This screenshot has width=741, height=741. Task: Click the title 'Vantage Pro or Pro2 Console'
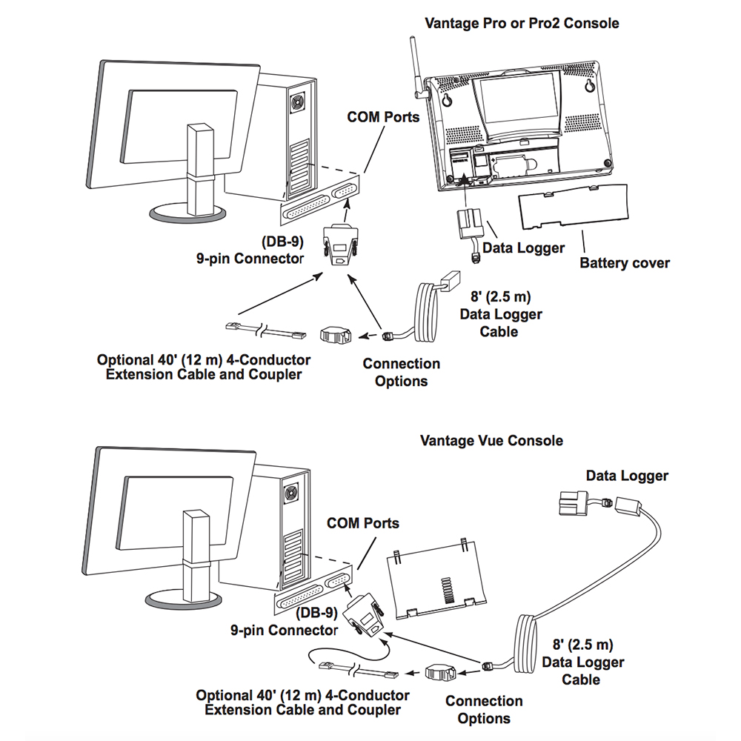click(x=522, y=23)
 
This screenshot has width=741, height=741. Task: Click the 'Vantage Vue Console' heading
click(x=491, y=441)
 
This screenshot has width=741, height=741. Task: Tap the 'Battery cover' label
click(x=624, y=263)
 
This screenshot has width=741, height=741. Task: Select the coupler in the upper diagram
click(x=336, y=335)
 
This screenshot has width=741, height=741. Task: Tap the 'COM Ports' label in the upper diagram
click(x=383, y=117)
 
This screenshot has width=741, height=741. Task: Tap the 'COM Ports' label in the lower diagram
click(x=362, y=523)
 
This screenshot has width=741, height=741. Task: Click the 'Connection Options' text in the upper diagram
click(x=401, y=372)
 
